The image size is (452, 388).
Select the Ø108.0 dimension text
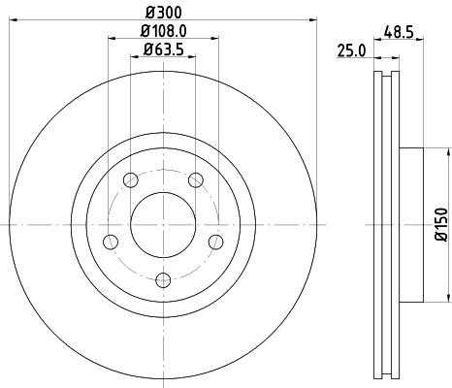163,31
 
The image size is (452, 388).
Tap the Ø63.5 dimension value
163,48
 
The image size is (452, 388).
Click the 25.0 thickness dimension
350,48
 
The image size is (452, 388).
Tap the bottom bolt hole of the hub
163,279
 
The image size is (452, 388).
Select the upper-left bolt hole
130,178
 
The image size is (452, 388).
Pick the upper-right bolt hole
196,178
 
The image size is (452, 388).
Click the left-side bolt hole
111,241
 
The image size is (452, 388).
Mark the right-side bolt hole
215,241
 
